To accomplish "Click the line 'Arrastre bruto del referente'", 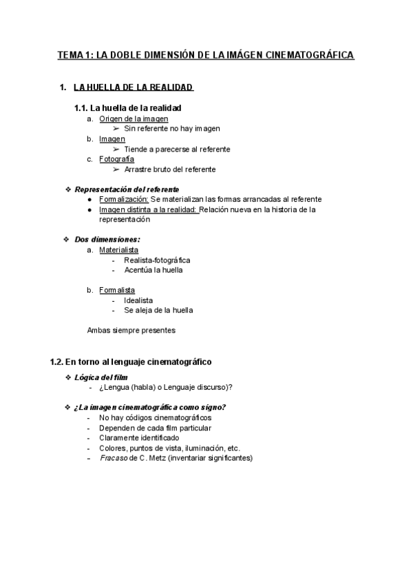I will pyautogui.click(x=170, y=169).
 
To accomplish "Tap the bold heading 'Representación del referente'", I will pyautogui.click(x=127, y=189).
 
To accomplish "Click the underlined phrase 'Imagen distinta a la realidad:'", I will pyautogui.click(x=149, y=209).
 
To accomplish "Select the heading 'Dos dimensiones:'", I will pyautogui.click(x=107, y=240).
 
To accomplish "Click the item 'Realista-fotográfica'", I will pyautogui.click(x=157, y=260).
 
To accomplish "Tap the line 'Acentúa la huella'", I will pyautogui.click(x=153, y=270).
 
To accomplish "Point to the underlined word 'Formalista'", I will pyautogui.click(x=117, y=290).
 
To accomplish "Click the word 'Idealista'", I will pyautogui.click(x=138, y=300).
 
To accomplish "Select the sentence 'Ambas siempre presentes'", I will pyautogui.click(x=131, y=330).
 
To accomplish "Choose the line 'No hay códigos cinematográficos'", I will pyautogui.click(x=155, y=417).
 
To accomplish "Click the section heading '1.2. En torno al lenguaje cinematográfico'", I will pyautogui.click(x=131, y=361).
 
